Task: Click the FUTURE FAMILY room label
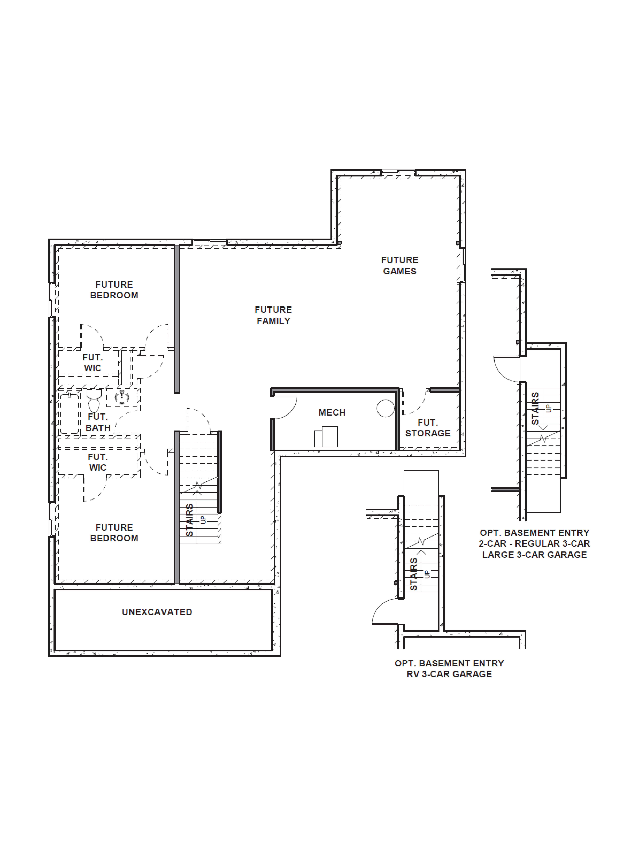click(x=273, y=315)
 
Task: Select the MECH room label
click(x=332, y=412)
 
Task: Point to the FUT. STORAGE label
click(x=428, y=428)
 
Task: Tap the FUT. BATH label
click(x=98, y=422)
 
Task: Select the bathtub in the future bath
click(x=69, y=414)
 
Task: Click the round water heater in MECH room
click(x=386, y=408)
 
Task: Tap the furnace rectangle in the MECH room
click(x=326, y=437)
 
